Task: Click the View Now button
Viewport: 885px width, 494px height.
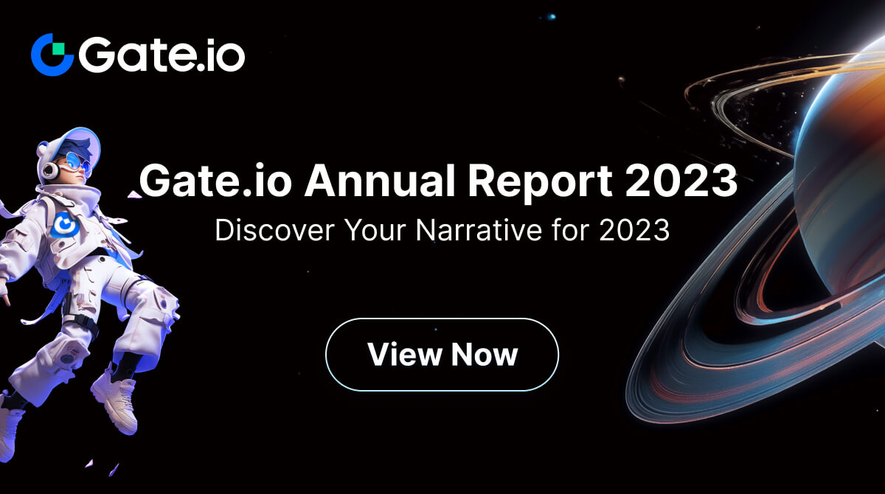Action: [x=442, y=355]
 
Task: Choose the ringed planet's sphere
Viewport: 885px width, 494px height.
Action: [x=848, y=147]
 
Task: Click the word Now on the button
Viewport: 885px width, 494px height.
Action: [x=485, y=355]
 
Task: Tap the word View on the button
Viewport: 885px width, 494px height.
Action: [x=404, y=355]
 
